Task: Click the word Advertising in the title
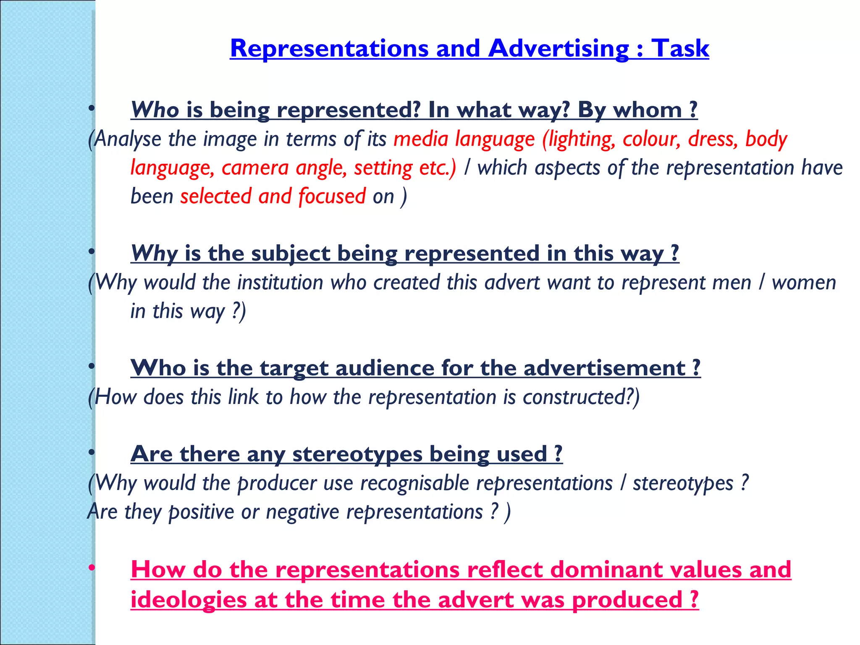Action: click(558, 49)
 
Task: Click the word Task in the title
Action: click(680, 49)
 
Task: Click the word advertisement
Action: click(604, 368)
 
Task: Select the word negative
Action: click(302, 512)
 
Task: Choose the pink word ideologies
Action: click(189, 600)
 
